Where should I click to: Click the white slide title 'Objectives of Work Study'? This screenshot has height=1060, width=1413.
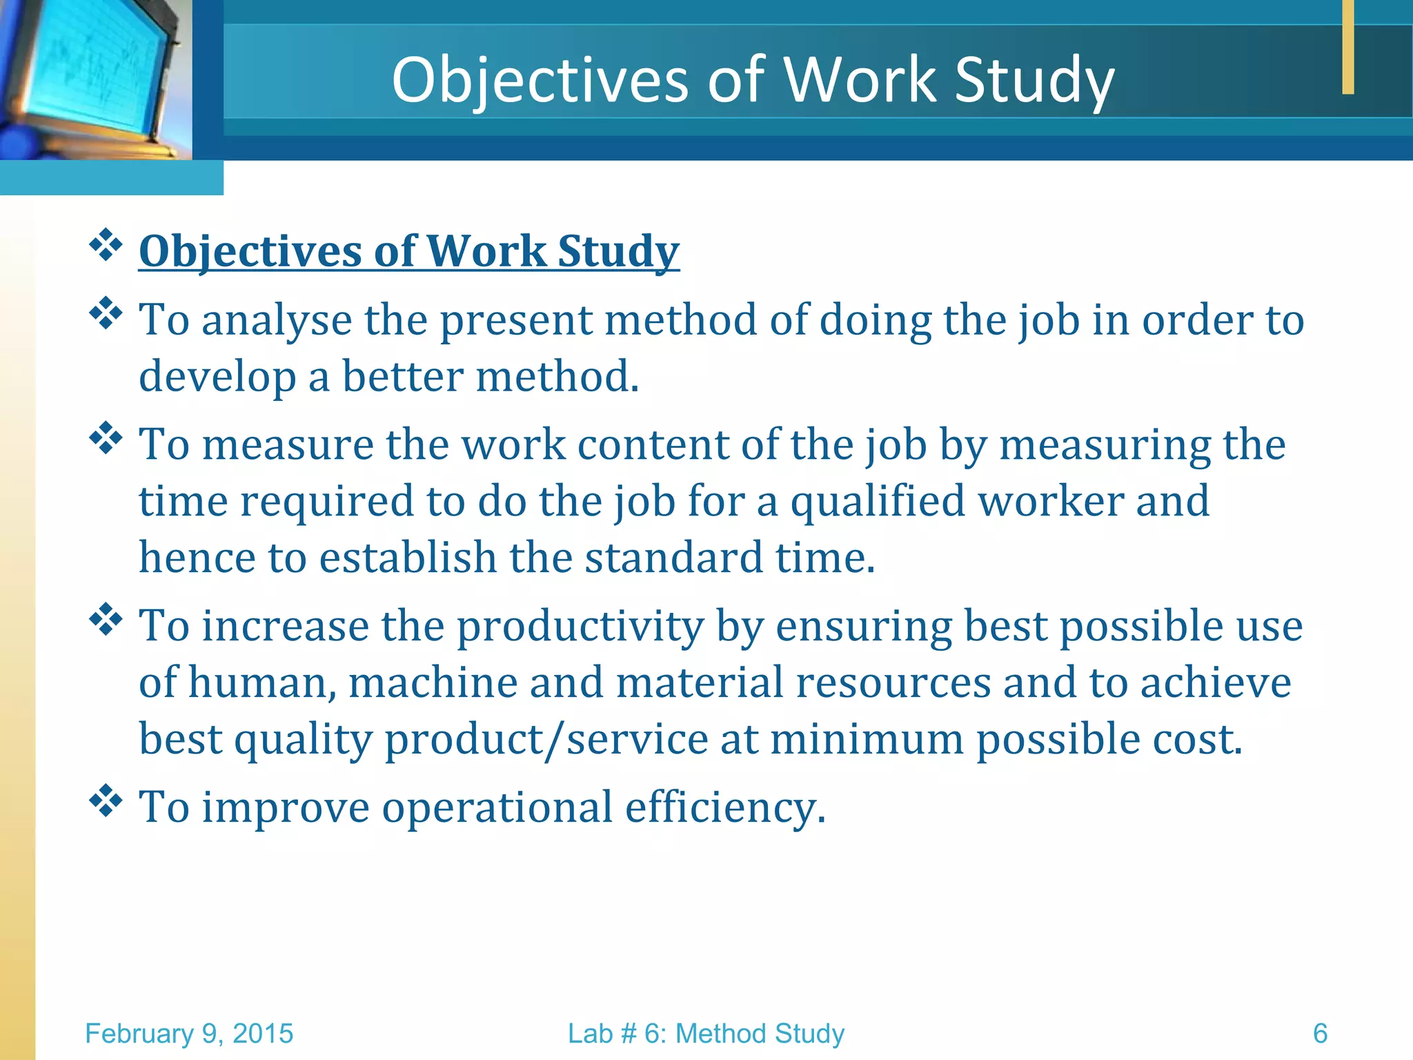753,80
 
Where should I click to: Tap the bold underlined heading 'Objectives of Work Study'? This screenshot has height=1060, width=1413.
409,251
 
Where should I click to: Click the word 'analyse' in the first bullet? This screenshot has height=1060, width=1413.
276,320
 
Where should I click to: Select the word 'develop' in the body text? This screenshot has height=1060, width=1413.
217,377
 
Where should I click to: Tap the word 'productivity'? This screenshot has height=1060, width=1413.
580,627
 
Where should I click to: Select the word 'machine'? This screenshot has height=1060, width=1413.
433,683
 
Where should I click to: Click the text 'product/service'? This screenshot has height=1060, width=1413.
546,740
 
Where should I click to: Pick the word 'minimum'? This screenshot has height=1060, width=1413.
867,740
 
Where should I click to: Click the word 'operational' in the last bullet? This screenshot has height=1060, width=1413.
497,807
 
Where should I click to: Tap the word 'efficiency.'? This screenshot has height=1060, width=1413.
725,807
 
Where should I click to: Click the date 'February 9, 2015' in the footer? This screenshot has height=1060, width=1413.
189,1034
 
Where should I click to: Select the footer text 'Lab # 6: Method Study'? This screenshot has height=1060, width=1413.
706,1034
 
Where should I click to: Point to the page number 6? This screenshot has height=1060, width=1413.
1320,1034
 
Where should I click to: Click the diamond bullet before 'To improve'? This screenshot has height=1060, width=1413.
106,801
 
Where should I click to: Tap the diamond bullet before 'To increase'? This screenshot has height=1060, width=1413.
106,620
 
